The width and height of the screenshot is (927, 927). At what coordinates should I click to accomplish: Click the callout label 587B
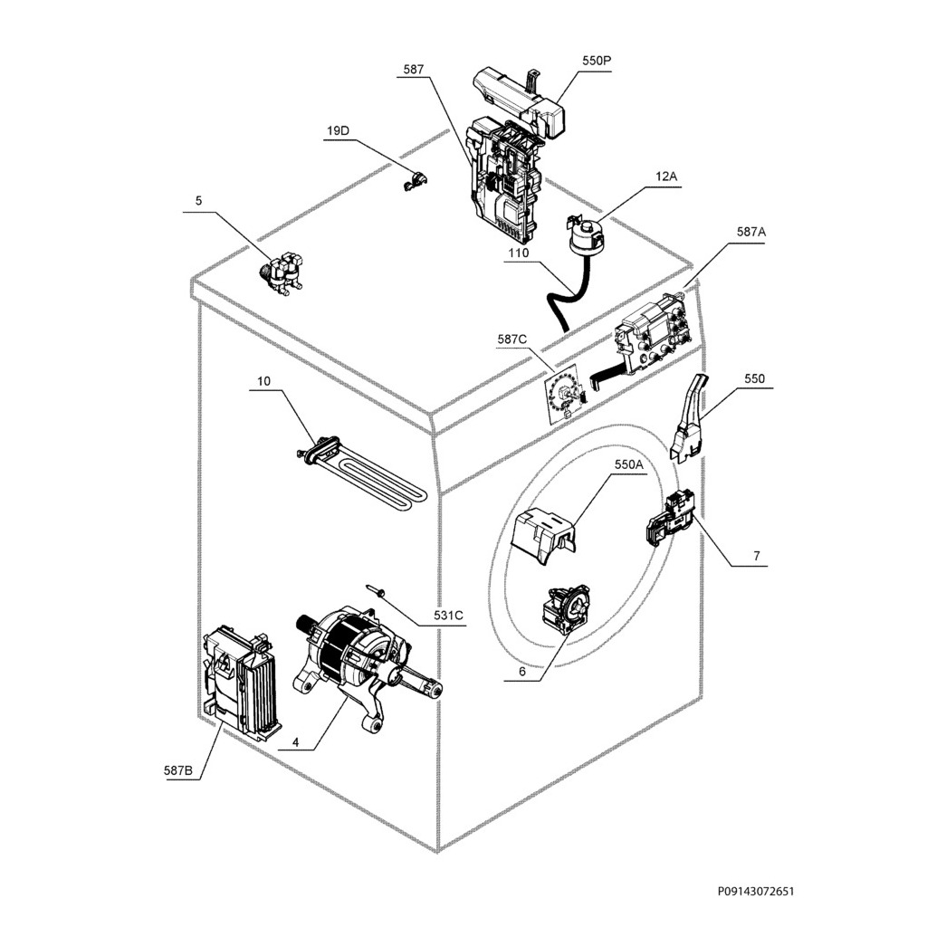click(x=178, y=770)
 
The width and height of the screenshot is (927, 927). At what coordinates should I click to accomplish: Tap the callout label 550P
click(x=596, y=61)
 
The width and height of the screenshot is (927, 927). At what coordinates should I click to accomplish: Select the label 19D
click(x=338, y=131)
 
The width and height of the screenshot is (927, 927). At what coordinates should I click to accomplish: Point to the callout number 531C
click(x=447, y=616)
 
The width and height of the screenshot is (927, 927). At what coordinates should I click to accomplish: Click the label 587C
click(x=511, y=339)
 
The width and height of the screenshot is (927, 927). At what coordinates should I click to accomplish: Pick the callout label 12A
click(x=666, y=177)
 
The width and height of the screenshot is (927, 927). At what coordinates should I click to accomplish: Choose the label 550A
click(x=628, y=464)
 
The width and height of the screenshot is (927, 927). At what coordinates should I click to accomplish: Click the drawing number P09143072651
click(x=756, y=892)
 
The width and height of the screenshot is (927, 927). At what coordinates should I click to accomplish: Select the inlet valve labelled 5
click(x=282, y=272)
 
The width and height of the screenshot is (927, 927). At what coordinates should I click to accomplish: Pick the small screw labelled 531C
click(x=377, y=591)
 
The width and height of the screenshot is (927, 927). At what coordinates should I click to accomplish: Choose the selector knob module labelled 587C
click(x=564, y=396)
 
